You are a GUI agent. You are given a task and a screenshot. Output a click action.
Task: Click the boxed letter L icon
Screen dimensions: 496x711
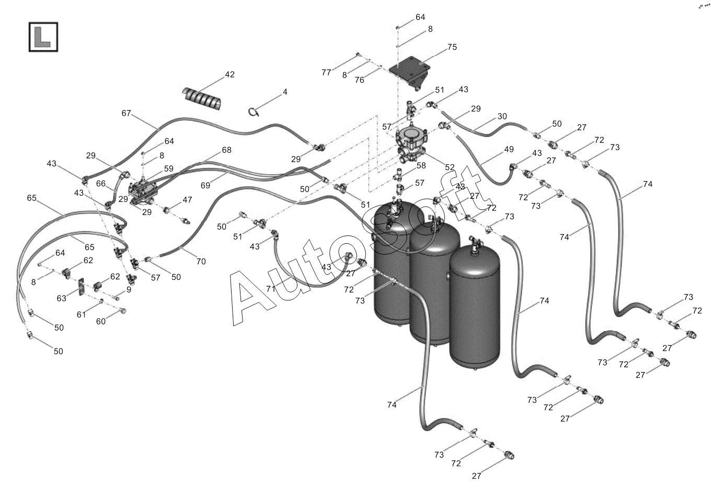[x=43, y=37]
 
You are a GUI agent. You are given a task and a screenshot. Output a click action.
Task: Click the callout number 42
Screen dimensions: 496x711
[x=230, y=75]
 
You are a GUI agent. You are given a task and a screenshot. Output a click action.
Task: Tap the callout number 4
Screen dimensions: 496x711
[x=285, y=92]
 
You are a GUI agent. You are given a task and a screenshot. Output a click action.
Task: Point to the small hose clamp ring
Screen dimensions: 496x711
[x=254, y=111]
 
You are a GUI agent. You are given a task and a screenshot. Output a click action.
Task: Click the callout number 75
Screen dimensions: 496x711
[x=452, y=47]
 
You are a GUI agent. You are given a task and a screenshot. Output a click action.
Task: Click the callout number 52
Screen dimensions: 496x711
[x=450, y=167]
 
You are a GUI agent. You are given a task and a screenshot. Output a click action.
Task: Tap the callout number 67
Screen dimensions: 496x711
[x=126, y=113]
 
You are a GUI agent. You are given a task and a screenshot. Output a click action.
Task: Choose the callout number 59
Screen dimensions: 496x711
[x=168, y=168]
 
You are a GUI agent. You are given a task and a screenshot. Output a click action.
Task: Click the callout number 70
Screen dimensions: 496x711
[x=201, y=262]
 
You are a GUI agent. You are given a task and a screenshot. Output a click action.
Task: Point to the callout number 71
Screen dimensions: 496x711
[x=270, y=289]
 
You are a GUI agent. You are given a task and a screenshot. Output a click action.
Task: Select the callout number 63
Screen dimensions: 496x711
[x=62, y=298]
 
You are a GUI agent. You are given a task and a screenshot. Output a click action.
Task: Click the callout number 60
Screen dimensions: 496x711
[x=100, y=321]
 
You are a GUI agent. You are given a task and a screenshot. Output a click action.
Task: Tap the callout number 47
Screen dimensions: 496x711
[x=187, y=200]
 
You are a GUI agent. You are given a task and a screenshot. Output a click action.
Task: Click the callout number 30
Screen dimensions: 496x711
[x=502, y=117]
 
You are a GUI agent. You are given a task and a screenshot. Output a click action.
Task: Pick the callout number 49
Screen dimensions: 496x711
[x=509, y=150]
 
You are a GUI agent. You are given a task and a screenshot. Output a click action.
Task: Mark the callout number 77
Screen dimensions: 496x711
[x=326, y=73]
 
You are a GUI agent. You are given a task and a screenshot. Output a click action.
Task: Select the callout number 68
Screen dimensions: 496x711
[x=226, y=150]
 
